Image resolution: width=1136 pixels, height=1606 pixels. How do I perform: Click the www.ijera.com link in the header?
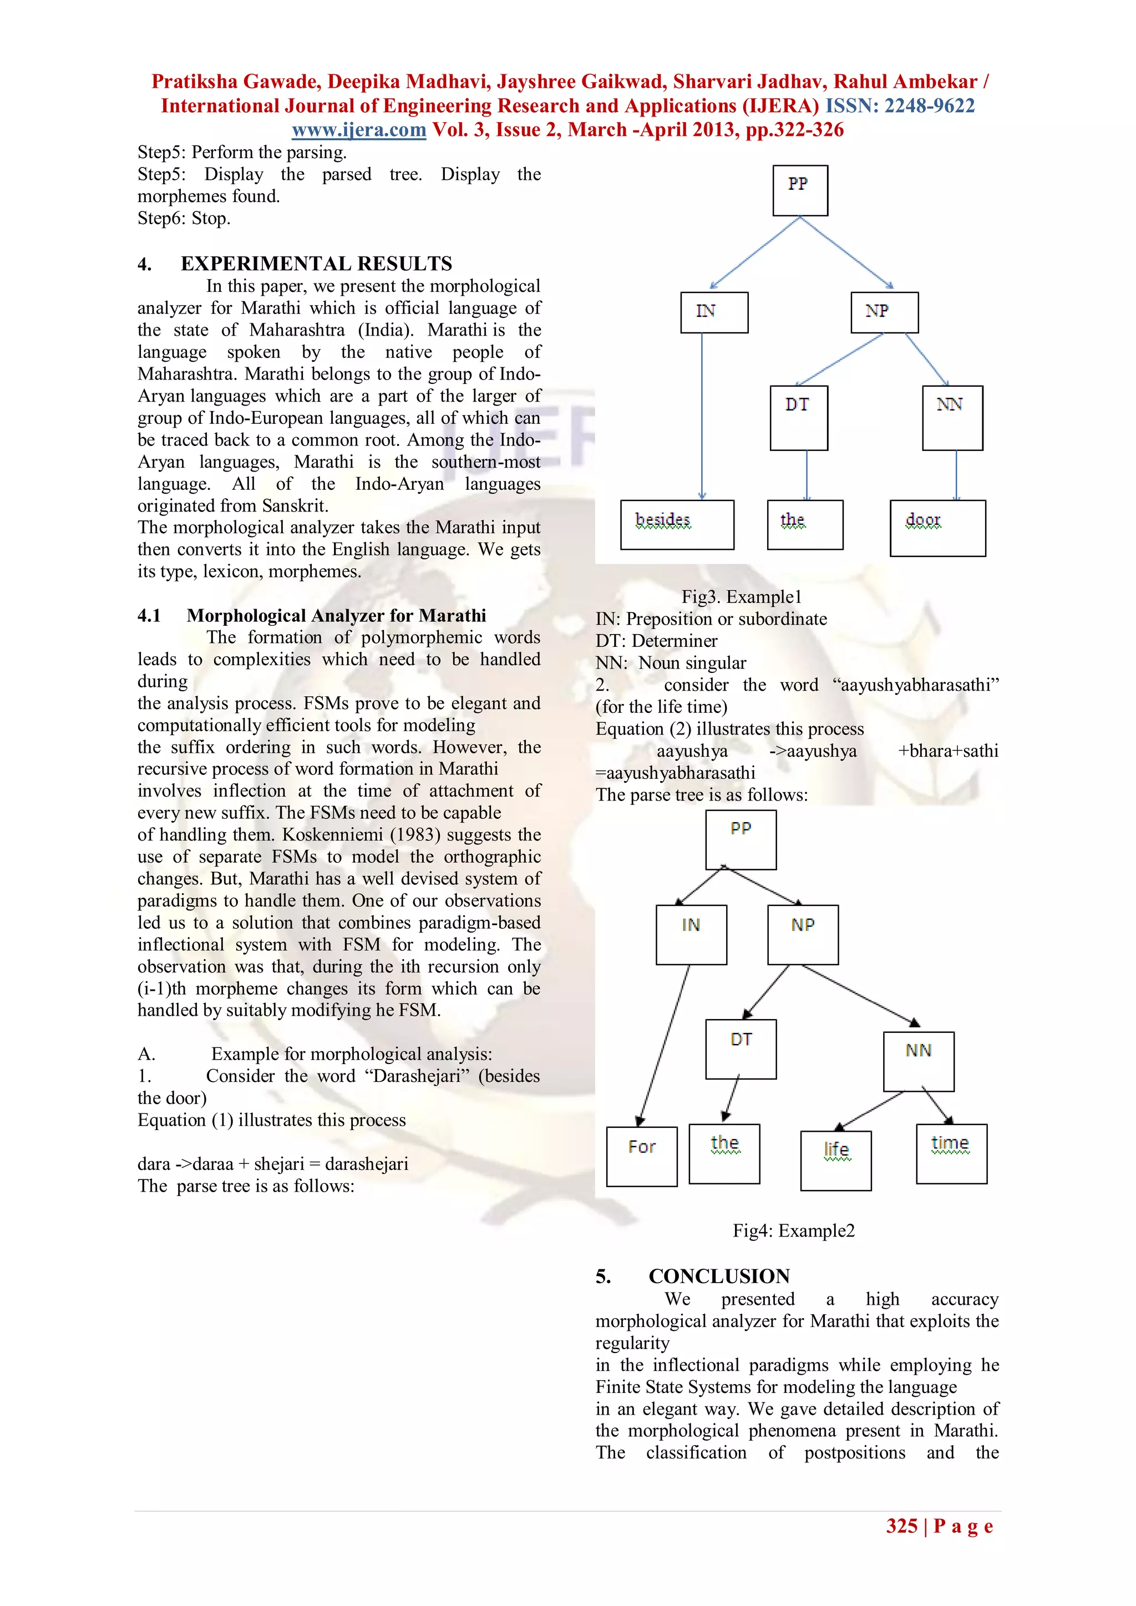pyautogui.click(x=358, y=130)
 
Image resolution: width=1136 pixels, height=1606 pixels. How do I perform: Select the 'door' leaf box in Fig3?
pyautogui.click(x=937, y=528)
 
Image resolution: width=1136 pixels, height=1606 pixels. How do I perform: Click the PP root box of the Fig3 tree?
pyautogui.click(x=799, y=190)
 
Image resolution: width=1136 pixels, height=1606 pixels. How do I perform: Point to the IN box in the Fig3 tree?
pyautogui.click(x=713, y=312)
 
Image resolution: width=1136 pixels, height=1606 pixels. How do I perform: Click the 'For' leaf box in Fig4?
pyautogui.click(x=641, y=1156)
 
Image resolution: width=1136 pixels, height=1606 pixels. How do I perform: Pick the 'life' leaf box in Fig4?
pyautogui.click(x=835, y=1160)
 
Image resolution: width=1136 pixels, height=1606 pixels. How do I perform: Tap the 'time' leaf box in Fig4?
pyautogui.click(x=951, y=1153)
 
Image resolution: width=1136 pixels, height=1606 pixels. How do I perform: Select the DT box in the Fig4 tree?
pyautogui.click(x=740, y=1048)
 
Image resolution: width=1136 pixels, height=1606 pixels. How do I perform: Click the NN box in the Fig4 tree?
pyautogui.click(x=918, y=1061)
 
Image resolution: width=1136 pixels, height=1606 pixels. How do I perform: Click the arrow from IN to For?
pyautogui.click(x=664, y=1046)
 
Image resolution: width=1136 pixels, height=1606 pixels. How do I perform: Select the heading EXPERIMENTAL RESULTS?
pyautogui.click(x=316, y=264)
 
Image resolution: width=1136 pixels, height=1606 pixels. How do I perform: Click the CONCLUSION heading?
pyautogui.click(x=718, y=1276)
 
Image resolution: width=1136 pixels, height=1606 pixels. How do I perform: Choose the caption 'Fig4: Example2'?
pyautogui.click(x=793, y=1230)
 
